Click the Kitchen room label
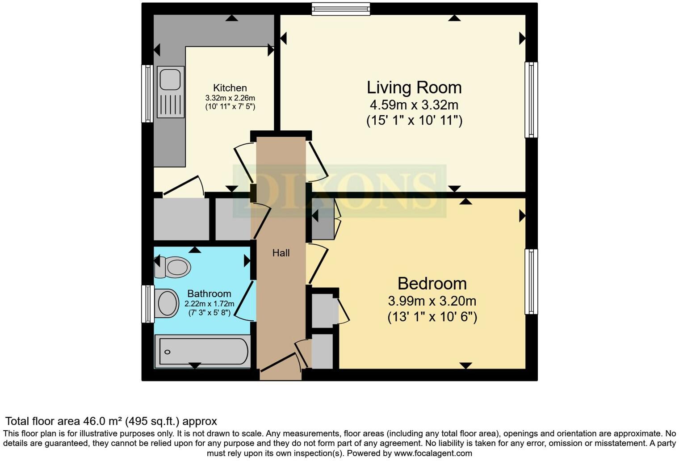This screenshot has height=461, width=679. pos(230,88)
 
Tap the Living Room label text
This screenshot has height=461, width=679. pos(414,88)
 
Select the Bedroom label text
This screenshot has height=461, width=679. pos(432,284)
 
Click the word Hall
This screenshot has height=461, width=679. pos(281,253)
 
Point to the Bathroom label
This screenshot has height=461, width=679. pos(209,293)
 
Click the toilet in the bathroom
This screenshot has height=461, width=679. pos(173,267)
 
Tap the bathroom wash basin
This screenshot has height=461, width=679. pos(167,303)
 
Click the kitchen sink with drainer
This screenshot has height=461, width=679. pos(171,92)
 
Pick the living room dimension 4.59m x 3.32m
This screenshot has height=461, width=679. pos(414,105)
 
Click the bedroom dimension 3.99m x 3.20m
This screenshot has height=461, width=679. pos(432,301)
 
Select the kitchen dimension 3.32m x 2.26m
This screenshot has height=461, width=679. pos(230,98)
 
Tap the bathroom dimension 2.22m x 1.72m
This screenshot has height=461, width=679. pos(209,304)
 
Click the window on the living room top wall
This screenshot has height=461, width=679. pos(341,9)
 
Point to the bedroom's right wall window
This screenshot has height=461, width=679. pos(531,281)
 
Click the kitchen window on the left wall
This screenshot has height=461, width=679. pos(147,93)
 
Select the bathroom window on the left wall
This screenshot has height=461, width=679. pos(147,304)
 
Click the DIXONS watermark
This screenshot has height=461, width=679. pos(339,191)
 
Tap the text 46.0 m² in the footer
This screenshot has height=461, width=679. pos(103,421)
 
